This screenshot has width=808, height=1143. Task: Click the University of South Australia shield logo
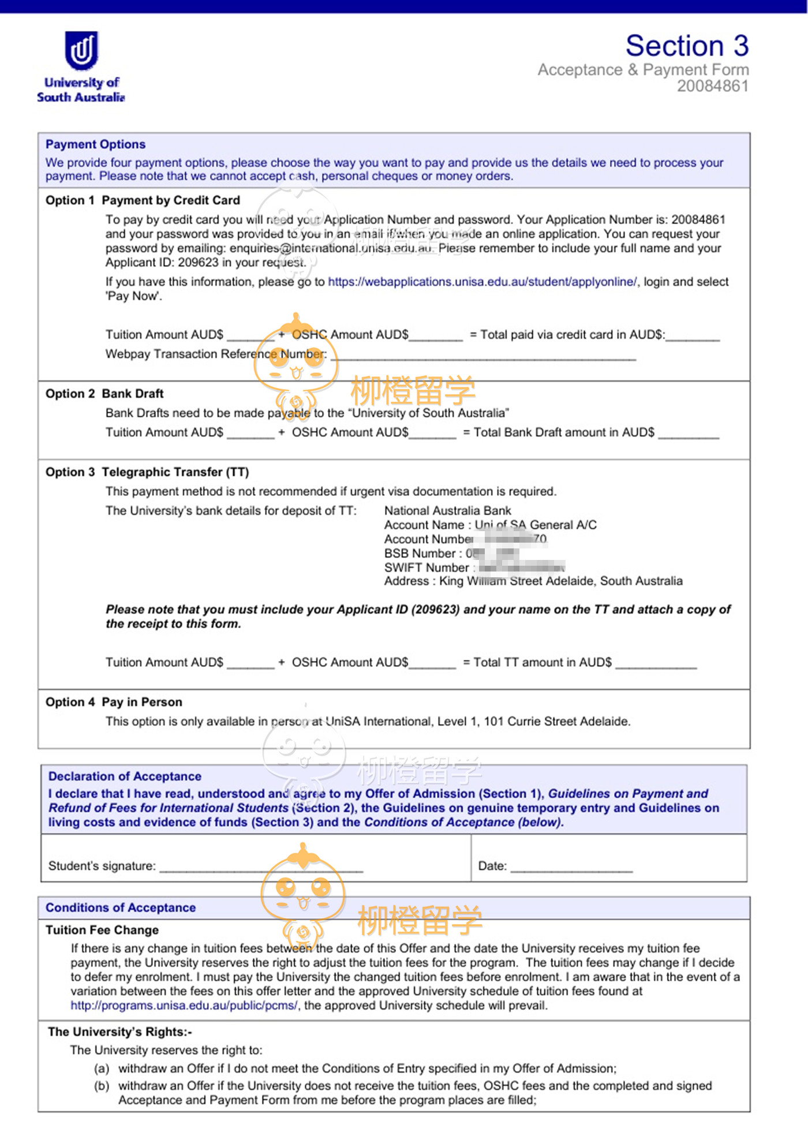coord(81,50)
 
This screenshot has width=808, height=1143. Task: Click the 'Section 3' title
coord(687,46)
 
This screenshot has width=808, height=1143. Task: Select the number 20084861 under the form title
coord(712,87)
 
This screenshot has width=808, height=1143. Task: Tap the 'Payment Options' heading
coord(95,144)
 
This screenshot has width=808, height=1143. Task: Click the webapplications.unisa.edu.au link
coord(482,282)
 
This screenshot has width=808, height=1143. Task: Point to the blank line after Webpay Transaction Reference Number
coord(485,356)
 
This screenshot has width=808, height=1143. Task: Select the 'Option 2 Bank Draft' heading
coord(104,394)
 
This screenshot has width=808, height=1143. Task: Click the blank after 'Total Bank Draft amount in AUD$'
coord(689,435)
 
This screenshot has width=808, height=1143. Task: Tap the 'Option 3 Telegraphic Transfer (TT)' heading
coord(147,472)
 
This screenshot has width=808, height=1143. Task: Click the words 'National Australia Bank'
coord(447,511)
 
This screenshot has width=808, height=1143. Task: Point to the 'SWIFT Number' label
coord(427,567)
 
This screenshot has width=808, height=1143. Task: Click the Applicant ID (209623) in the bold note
coord(435,610)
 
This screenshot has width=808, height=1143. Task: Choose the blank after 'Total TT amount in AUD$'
coord(656,664)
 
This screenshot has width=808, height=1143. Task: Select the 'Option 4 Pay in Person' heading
coord(114,702)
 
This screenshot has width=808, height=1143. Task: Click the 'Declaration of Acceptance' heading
coord(125,776)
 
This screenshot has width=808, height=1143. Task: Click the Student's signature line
coord(261,867)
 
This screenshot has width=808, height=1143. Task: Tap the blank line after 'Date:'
coord(571,867)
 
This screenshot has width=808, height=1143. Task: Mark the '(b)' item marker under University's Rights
coord(102,1086)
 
